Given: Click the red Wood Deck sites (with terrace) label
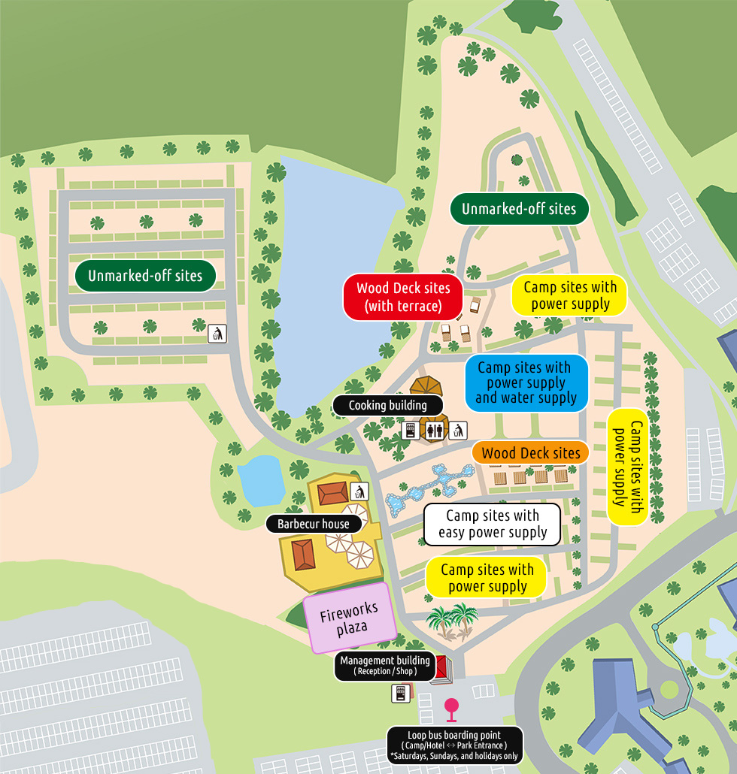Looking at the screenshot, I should [402, 297].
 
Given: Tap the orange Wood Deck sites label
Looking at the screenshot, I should [530, 453].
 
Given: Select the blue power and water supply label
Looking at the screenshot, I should [526, 383].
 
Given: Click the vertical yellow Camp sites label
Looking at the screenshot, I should [628, 467].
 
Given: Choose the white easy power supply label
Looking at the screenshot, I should [493, 524].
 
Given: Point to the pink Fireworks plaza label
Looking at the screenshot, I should [349, 617].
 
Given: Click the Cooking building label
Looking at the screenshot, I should [387, 406].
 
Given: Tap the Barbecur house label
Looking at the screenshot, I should [313, 524].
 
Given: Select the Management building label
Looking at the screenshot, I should [384, 666].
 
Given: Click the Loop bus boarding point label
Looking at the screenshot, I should [454, 745].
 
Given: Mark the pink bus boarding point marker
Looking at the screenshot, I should [451, 708].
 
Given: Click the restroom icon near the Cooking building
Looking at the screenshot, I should [435, 431].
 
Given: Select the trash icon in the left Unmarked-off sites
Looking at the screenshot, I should [217, 333].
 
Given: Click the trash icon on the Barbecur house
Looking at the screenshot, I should [359, 491].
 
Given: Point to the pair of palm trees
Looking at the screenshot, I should [453, 621].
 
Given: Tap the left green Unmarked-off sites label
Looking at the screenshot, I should [145, 276].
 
